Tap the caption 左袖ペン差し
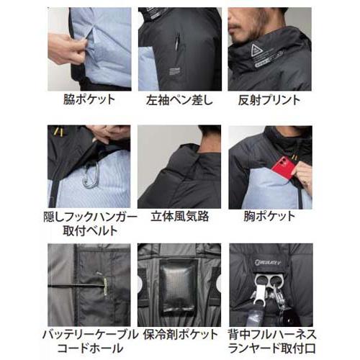(180, 100)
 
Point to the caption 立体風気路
(180, 215)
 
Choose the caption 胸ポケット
(271, 215)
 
